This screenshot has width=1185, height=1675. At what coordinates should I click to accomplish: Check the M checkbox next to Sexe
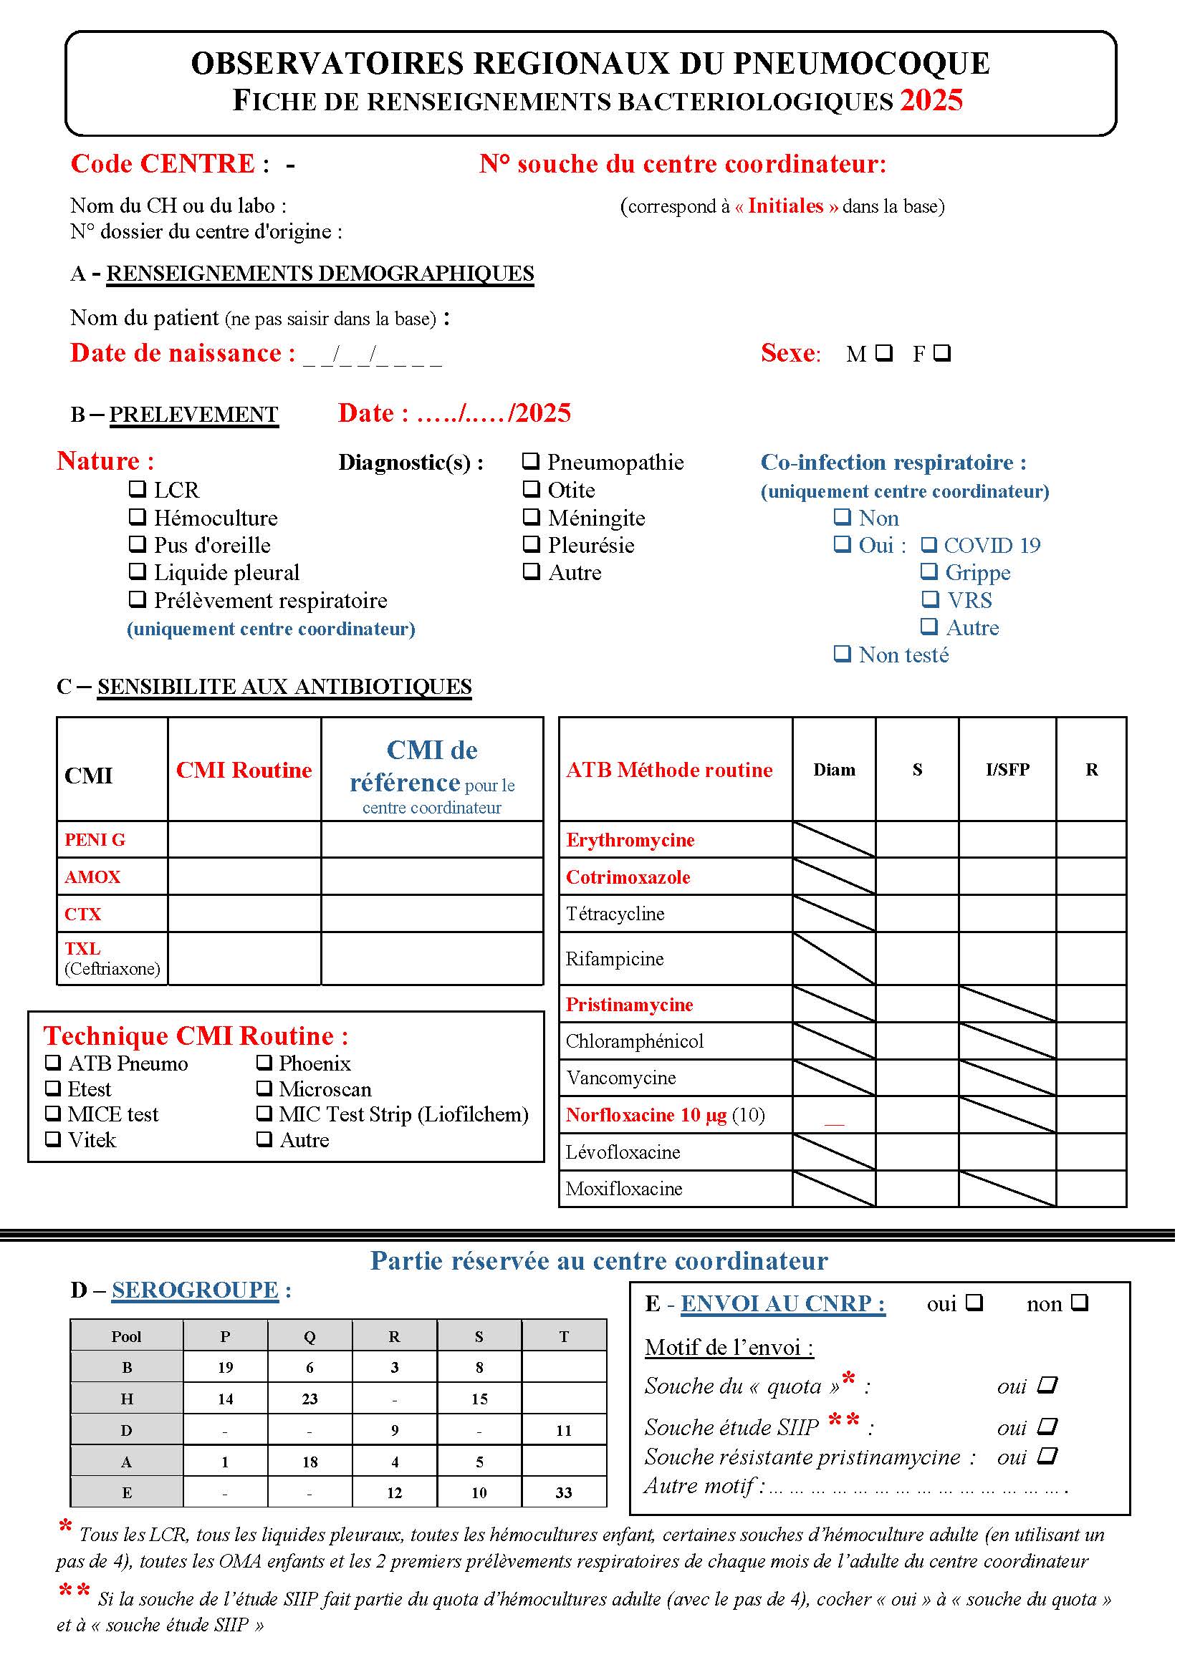point(883,353)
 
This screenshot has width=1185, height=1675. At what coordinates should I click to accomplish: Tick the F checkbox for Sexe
point(942,353)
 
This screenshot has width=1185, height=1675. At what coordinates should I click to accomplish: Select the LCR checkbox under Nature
point(137,489)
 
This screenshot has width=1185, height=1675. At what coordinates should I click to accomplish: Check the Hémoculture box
point(137,516)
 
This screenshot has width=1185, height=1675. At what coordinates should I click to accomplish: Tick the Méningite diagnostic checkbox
point(531,516)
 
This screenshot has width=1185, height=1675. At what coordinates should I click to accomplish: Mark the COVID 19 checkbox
point(929,544)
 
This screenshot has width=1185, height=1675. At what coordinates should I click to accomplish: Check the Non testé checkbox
point(843,654)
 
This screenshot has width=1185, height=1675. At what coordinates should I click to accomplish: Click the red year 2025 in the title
point(931,100)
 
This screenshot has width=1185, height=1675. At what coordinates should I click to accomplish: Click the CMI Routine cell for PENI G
point(244,839)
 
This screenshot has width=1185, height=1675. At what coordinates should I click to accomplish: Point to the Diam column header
point(834,770)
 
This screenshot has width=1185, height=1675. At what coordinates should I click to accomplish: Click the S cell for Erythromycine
point(917,839)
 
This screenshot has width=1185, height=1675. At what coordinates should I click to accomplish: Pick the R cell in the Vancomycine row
point(1091,1077)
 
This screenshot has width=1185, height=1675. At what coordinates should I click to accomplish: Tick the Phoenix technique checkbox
point(264,1062)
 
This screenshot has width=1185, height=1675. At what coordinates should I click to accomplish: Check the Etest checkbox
point(53,1088)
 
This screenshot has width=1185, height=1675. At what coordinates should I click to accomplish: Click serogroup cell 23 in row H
point(310,1399)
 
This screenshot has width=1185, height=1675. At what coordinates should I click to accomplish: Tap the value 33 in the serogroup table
point(564,1492)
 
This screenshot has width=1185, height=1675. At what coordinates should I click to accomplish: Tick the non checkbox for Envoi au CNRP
point(1080,1302)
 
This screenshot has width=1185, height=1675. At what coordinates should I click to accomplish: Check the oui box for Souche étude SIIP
point(1047,1426)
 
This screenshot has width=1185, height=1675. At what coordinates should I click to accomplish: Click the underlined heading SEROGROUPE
point(195,1290)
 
